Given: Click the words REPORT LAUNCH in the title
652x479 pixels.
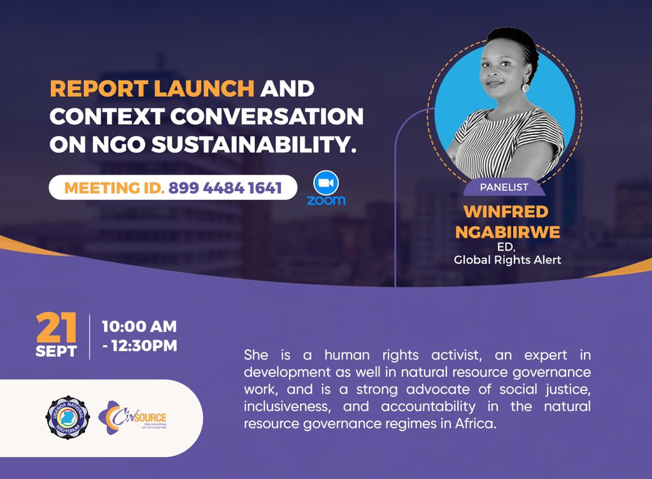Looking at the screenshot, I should [x=152, y=89].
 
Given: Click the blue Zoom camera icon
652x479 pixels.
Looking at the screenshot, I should [x=326, y=183].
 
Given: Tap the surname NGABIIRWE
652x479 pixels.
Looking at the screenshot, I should [x=507, y=232].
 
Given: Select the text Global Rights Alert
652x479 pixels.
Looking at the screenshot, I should [x=507, y=260].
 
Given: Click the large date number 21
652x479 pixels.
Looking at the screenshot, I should [x=57, y=328].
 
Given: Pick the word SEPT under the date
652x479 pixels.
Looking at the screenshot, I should [x=57, y=351].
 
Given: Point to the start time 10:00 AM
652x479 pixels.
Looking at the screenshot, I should [x=139, y=327].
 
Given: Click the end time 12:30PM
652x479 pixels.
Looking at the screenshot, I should [x=144, y=346].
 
